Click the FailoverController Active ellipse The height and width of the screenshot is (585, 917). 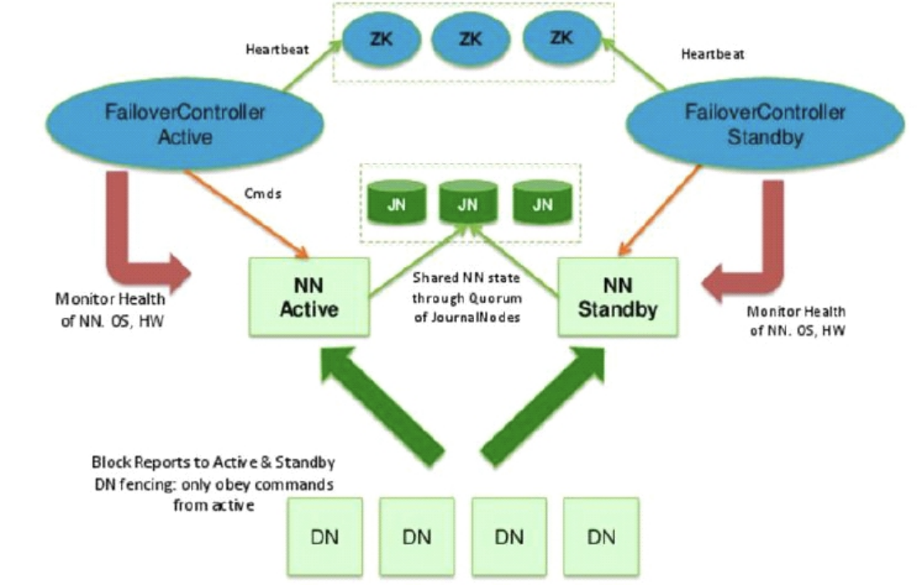pyautogui.click(x=185, y=124)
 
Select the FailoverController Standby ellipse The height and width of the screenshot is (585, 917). pyautogui.click(x=765, y=124)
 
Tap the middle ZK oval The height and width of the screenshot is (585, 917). pyautogui.click(x=470, y=39)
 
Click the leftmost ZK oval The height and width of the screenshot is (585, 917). pyautogui.click(x=381, y=39)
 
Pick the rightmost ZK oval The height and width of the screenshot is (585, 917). pyautogui.click(x=561, y=37)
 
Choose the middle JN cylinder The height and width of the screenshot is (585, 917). pyautogui.click(x=468, y=203)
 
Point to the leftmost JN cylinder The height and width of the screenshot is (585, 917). pyautogui.click(x=397, y=203)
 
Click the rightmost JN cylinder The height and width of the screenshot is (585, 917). pyautogui.click(x=542, y=203)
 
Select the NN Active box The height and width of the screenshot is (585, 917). pyautogui.click(x=310, y=297)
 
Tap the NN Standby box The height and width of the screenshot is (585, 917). pyautogui.click(x=618, y=297)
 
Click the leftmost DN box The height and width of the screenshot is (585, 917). pyautogui.click(x=324, y=536)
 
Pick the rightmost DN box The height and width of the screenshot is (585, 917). pyautogui.click(x=601, y=536)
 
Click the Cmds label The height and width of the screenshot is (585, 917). pyautogui.click(x=263, y=194)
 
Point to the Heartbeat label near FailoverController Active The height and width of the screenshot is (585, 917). pyautogui.click(x=277, y=49)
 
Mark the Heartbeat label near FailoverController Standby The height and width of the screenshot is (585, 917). pyautogui.click(x=713, y=54)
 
